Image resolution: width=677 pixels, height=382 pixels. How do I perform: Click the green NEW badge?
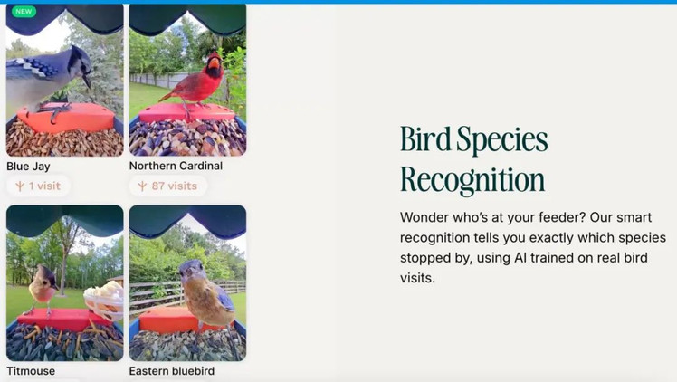coord(24,11)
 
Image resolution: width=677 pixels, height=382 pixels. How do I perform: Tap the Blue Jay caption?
coord(28,167)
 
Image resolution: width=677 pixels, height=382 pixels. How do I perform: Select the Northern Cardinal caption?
coord(176,166)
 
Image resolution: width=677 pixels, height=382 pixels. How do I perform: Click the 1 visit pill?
coord(38,186)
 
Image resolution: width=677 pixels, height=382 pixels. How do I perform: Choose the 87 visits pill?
coord(168,186)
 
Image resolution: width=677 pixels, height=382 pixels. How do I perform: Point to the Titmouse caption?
coord(31,371)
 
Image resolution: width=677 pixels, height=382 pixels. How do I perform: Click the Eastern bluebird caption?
coord(172,371)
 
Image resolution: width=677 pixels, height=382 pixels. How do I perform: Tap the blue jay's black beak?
coord(87,81)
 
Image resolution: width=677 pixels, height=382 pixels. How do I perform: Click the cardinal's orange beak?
coord(215,64)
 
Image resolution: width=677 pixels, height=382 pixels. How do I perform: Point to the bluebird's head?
coord(192,270)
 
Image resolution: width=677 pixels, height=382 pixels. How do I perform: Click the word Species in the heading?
coord(502,139)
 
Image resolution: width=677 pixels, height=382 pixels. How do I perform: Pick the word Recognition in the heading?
coord(472,179)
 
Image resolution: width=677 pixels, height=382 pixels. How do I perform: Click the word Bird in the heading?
coord(425,138)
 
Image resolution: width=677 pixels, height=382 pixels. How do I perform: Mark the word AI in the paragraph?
coord(520,258)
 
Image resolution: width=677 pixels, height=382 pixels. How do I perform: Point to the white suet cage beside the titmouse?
coord(104,299)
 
